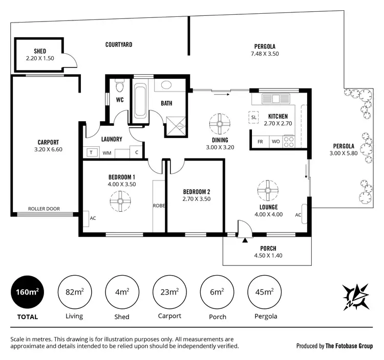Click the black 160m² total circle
[x=28, y=292]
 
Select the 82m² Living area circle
[x=75, y=292]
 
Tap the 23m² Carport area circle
[x=169, y=292]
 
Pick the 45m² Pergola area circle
[x=265, y=292]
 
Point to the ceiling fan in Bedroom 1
[x=121, y=200]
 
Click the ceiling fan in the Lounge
[x=267, y=190]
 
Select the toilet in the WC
[x=119, y=84]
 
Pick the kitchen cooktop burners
[x=289, y=140]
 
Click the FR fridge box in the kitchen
[x=260, y=141]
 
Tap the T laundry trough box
[x=92, y=152]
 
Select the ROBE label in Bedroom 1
[x=158, y=206]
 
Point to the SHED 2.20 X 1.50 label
[x=40, y=55]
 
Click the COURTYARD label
[x=119, y=45]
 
